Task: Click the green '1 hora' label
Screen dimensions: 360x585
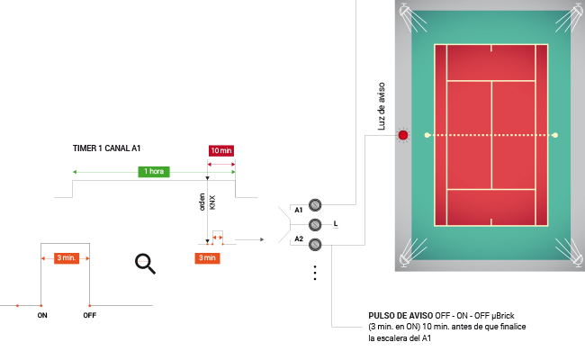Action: click(154, 171)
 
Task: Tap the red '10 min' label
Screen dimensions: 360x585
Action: click(221, 151)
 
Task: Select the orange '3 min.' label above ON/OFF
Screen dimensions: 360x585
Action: click(66, 257)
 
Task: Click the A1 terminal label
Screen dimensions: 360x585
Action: click(299, 211)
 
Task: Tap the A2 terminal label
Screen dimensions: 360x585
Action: click(299, 240)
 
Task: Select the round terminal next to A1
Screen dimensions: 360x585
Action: click(315, 205)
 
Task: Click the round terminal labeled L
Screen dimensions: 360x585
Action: click(315, 224)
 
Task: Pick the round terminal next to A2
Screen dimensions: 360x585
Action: click(315, 244)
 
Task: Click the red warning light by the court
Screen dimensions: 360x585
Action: click(403, 136)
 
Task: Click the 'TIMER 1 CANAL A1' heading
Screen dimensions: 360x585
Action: click(107, 148)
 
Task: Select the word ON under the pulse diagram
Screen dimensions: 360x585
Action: click(42, 316)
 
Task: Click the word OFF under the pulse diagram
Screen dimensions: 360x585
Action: click(89, 316)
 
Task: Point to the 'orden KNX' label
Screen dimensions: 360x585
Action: click(206, 202)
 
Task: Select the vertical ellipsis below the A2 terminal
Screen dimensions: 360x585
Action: click(315, 272)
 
